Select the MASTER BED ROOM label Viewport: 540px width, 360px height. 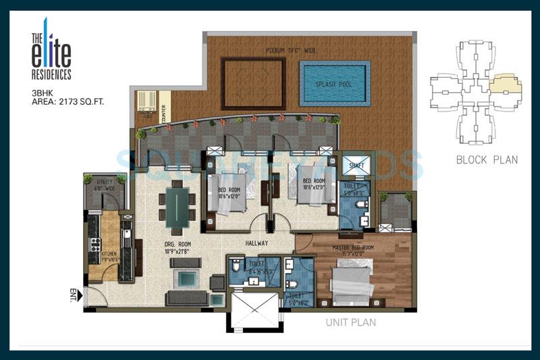[354, 247]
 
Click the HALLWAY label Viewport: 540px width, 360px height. [257, 243]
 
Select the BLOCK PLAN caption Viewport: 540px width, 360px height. [487, 160]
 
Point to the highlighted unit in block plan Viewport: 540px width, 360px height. [505, 84]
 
